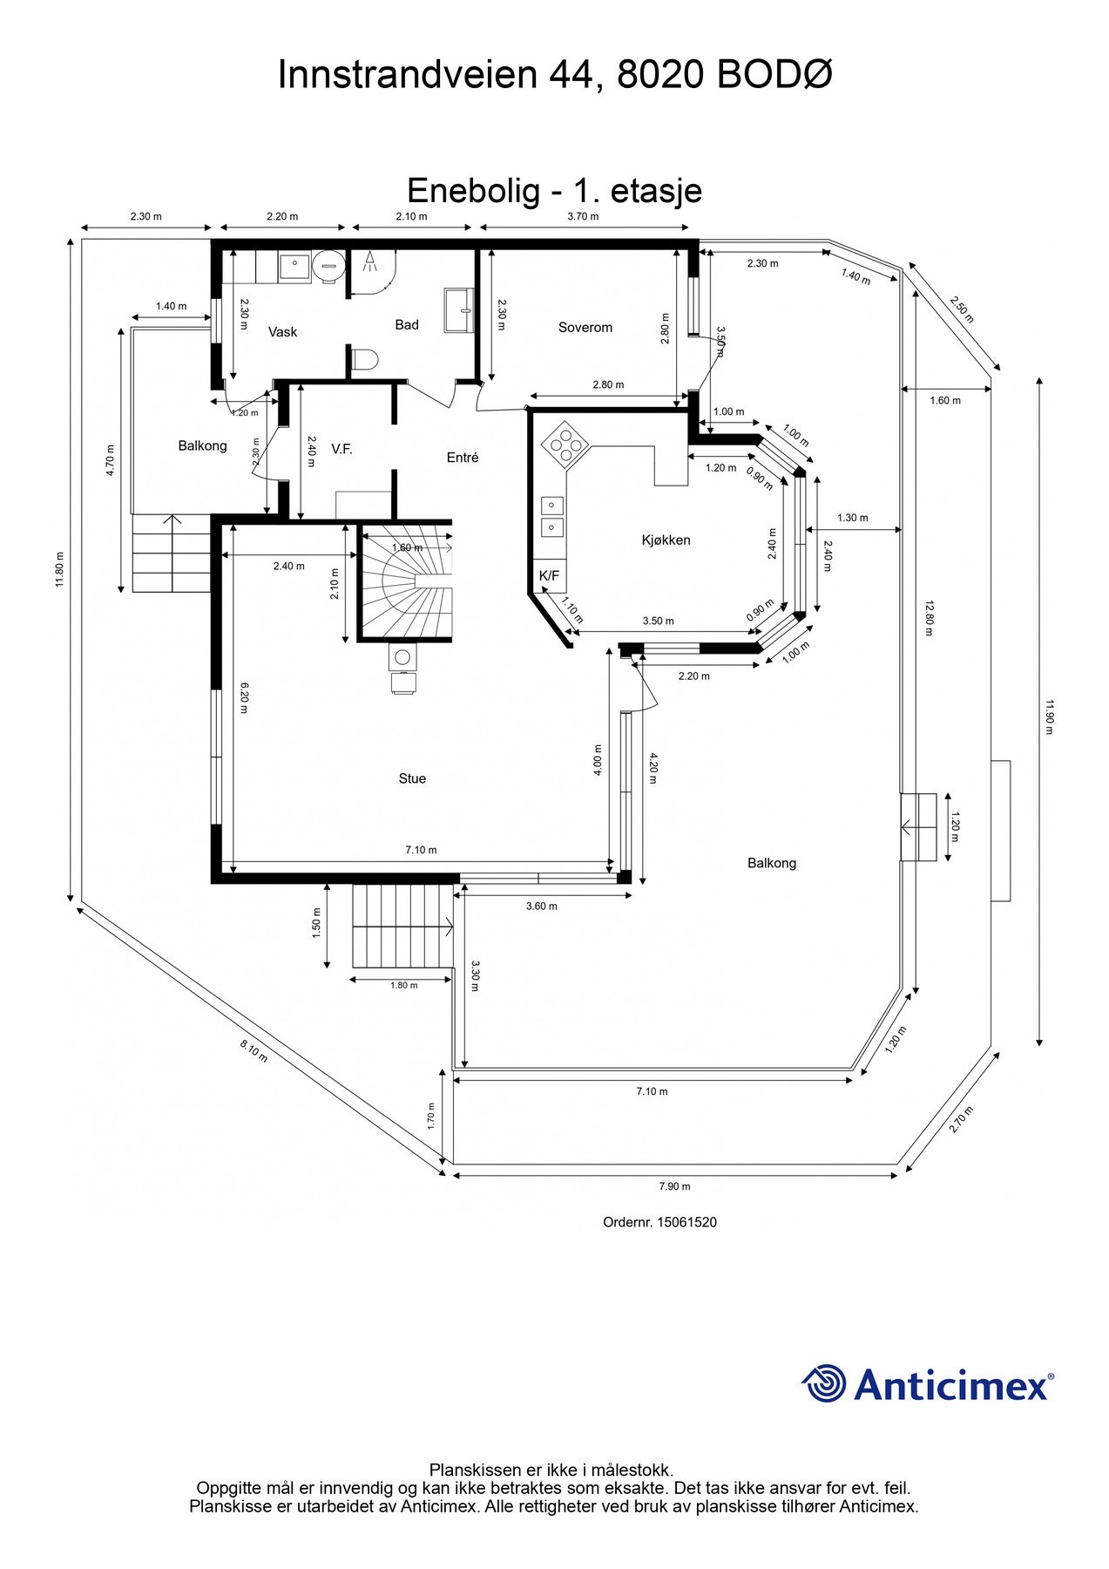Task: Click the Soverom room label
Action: tap(585, 328)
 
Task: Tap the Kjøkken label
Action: tap(666, 540)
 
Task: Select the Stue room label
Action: tap(412, 778)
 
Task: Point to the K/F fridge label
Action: tap(549, 575)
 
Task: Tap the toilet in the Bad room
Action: tap(364, 358)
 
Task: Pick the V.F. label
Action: tap(341, 449)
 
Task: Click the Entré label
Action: tap(463, 458)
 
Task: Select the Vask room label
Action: tap(282, 332)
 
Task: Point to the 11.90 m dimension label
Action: tap(1049, 717)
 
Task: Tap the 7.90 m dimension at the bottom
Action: tap(674, 1186)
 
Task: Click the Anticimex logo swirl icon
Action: tap(823, 1383)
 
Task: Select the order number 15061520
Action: tap(687, 1222)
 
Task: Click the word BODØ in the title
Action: tap(774, 75)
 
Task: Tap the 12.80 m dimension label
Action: tap(929, 618)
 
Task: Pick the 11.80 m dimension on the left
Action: tap(59, 571)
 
